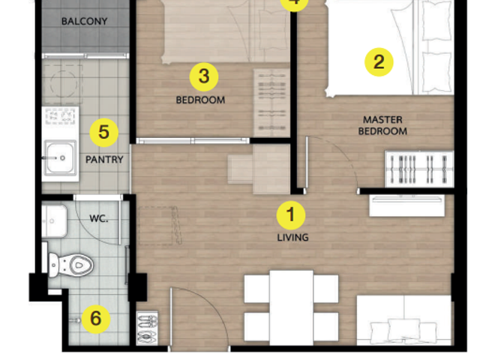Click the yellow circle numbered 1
pos(290,215)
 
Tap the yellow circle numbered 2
pos(379,62)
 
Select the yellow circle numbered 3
pos(204,76)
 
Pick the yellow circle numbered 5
pos(103,133)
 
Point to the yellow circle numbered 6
pos(95,319)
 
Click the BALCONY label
pos(85,22)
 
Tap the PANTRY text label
pos(104,160)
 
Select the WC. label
pos(98,218)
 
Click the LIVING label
pos(292,238)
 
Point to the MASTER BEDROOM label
pos(382,125)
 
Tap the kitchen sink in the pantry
pos(60,157)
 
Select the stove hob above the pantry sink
pos(60,116)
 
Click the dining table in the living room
pos(292,307)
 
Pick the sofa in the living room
pos(404,320)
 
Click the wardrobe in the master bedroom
pos(419,169)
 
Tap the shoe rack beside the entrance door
pos(147,328)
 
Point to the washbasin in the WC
pos(54,221)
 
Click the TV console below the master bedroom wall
pos(406,205)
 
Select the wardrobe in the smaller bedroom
pos(271,103)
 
